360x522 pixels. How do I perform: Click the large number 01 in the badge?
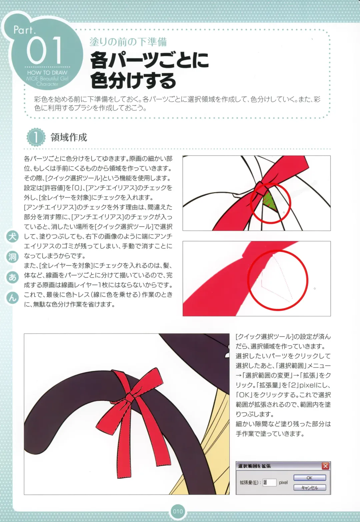point(44,50)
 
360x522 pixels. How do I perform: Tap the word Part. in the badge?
point(24,30)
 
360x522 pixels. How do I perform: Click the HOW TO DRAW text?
point(47,73)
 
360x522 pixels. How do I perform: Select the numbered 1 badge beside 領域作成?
point(36,137)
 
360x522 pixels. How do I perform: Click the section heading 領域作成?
point(69,137)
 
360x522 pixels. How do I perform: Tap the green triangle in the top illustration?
point(270,201)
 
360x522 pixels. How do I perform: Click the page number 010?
point(178,512)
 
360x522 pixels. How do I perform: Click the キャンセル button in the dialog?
point(309,488)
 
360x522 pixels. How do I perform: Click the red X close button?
point(325,466)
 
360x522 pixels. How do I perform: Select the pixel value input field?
point(269,482)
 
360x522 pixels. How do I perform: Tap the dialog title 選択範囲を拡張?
point(254,466)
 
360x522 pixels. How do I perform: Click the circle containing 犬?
point(12,236)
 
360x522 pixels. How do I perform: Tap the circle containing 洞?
point(12,257)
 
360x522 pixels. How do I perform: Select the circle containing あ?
point(12,278)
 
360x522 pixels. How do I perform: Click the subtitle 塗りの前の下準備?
point(128,42)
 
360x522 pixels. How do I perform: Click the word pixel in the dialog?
point(283,482)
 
